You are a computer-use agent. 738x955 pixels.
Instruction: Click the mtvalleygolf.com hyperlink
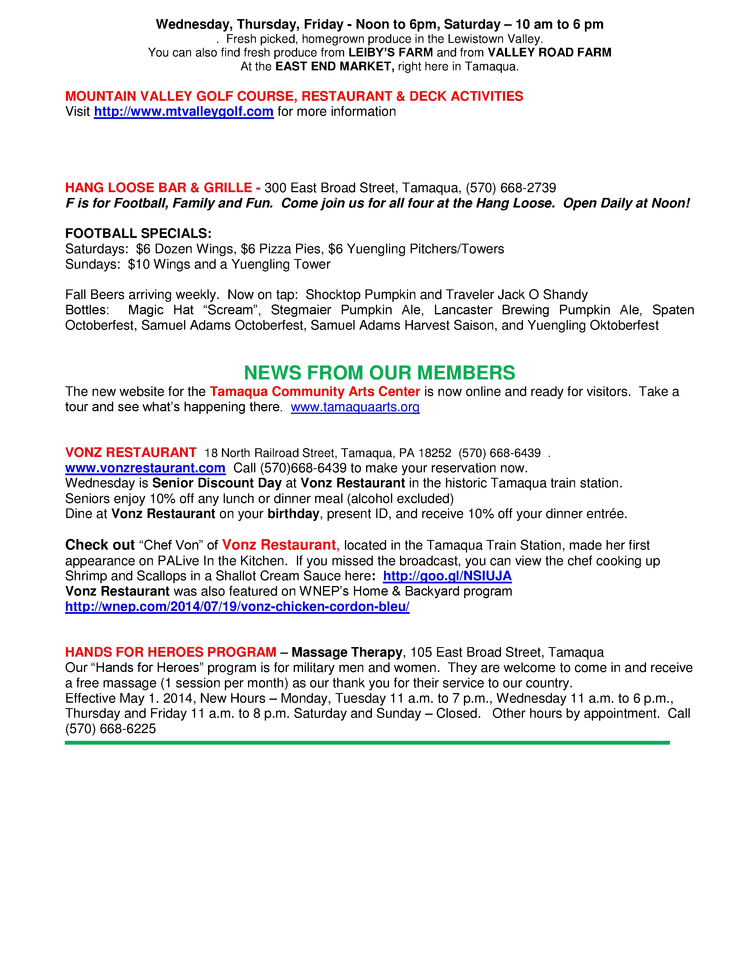point(183,112)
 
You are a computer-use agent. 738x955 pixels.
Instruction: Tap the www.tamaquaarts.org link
point(355,407)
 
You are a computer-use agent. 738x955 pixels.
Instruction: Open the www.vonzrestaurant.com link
point(145,468)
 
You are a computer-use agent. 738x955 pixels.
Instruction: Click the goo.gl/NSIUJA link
point(447,576)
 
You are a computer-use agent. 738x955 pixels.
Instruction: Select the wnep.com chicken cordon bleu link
point(237,607)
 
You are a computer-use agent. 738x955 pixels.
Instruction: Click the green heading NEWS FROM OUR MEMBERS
point(379,373)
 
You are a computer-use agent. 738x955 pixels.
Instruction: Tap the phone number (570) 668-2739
point(510,188)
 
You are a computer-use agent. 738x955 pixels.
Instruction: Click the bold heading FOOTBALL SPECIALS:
point(138,234)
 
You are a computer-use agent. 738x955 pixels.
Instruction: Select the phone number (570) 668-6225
point(111,729)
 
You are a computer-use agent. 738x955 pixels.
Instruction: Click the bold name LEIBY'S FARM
point(390,53)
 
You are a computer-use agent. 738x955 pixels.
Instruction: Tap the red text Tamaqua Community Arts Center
point(315,392)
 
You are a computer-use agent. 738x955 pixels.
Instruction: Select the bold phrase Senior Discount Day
point(217,483)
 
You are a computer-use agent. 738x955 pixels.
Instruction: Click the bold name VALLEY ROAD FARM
point(549,53)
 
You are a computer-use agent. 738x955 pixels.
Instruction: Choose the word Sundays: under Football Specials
point(92,265)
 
